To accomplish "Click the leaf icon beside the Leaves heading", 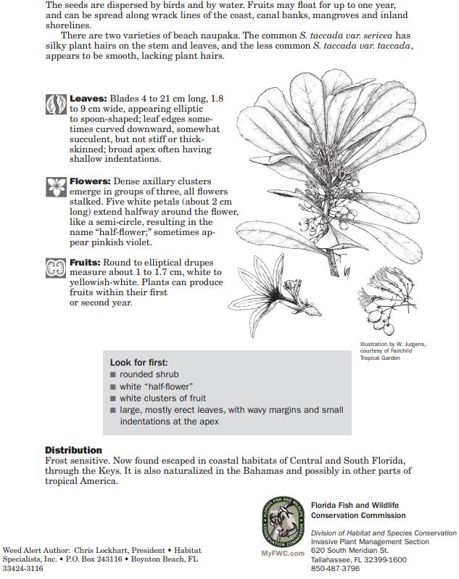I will tap(56, 104).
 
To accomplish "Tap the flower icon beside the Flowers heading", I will tap(56, 186).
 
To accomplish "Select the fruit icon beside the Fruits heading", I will tap(56, 267).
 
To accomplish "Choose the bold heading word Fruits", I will tap(86, 262).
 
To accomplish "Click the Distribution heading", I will tap(73, 450).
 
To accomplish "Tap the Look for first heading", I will tap(139, 362).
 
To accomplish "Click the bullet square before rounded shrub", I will tap(113, 375).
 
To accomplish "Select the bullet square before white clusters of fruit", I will tap(113, 398).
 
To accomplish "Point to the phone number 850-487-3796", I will tap(335, 569).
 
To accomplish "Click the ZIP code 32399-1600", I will tap(382, 559).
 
